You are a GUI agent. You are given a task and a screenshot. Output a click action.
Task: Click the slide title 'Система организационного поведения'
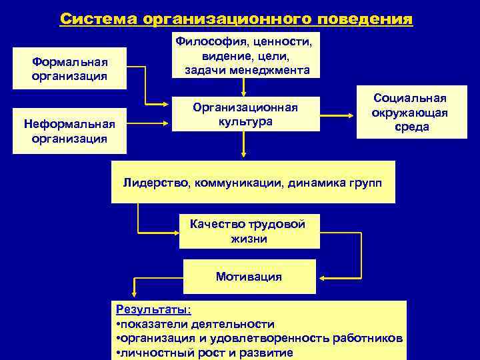(236, 18)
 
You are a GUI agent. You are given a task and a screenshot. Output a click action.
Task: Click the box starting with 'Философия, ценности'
(243, 55)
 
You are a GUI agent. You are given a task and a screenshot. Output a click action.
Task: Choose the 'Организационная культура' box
(245, 114)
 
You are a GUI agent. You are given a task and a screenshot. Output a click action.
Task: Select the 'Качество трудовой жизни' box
(247, 231)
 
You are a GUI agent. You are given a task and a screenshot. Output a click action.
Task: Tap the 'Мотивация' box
(249, 276)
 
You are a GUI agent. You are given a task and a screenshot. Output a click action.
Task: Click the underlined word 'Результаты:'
(153, 309)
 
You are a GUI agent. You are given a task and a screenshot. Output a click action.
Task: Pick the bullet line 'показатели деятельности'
(197, 324)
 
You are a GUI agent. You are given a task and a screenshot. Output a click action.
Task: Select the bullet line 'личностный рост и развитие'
(205, 353)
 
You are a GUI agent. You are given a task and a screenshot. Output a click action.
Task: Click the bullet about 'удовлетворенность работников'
(260, 339)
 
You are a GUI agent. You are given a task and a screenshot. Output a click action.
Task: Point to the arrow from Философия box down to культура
(245, 87)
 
